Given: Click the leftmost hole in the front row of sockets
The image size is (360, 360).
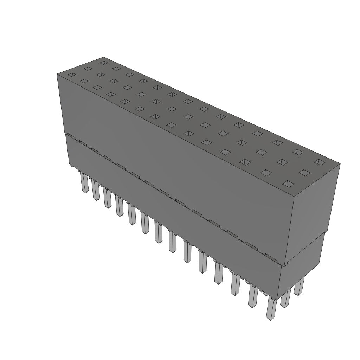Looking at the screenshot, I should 71,75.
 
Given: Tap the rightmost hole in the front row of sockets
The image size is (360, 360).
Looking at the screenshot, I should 288,184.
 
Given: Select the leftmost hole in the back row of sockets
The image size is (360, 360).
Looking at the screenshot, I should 103,63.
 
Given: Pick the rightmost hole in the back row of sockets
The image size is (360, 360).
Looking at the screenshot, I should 319,162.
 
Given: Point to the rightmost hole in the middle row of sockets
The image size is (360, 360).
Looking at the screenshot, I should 304,173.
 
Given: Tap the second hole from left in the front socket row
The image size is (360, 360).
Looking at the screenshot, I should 84,81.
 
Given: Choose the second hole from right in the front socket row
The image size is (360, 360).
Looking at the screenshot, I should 266,173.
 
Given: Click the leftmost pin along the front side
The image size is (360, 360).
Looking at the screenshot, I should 84,183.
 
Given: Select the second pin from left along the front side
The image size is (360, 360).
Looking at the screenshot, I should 96,191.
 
